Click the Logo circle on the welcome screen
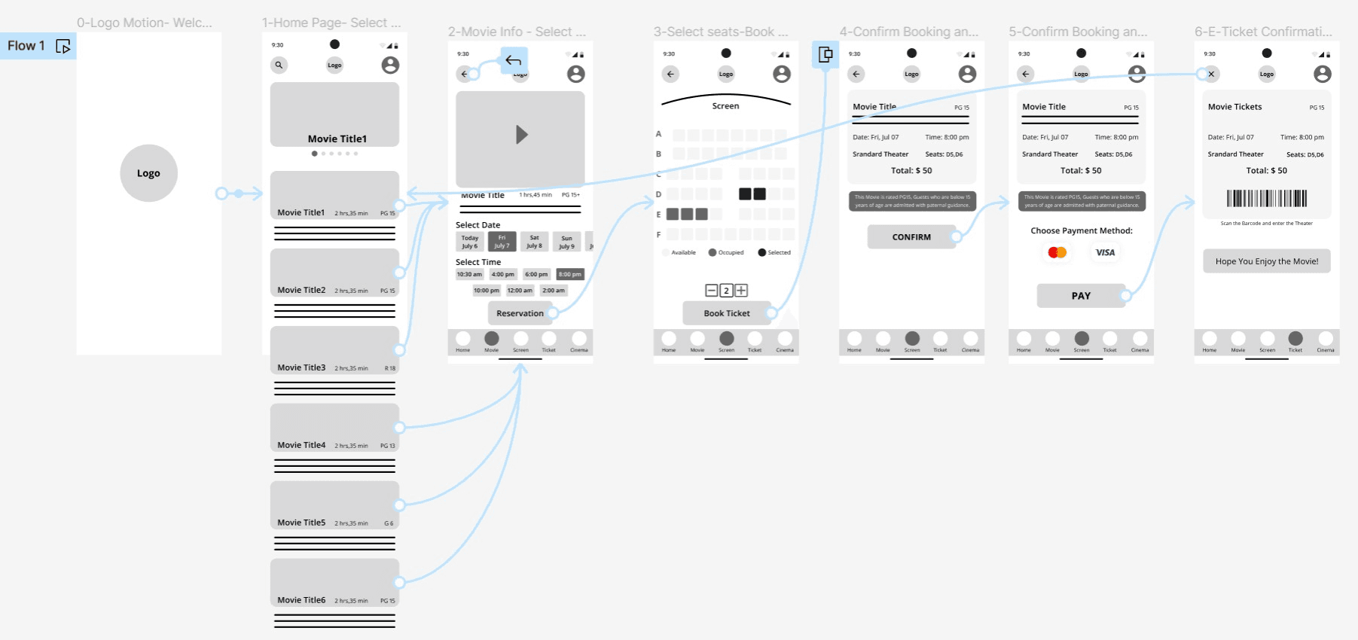coord(148,173)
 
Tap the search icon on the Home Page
coord(279,65)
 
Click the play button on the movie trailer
coord(521,135)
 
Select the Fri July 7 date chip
coord(502,242)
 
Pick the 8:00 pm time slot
coord(570,274)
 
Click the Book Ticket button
coord(726,313)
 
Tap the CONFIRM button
coord(911,237)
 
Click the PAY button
coord(1081,296)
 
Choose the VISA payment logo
coord(1105,252)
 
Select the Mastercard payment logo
coord(1057,252)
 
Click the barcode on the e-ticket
coord(1267,198)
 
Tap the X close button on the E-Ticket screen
coord(1211,74)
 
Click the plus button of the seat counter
coord(741,291)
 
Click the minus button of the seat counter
coord(711,291)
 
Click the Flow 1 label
coord(26,46)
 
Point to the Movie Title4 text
coord(301,445)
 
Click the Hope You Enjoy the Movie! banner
coord(1267,261)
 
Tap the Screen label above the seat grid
coord(725,106)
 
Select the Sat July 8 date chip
coord(534,242)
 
